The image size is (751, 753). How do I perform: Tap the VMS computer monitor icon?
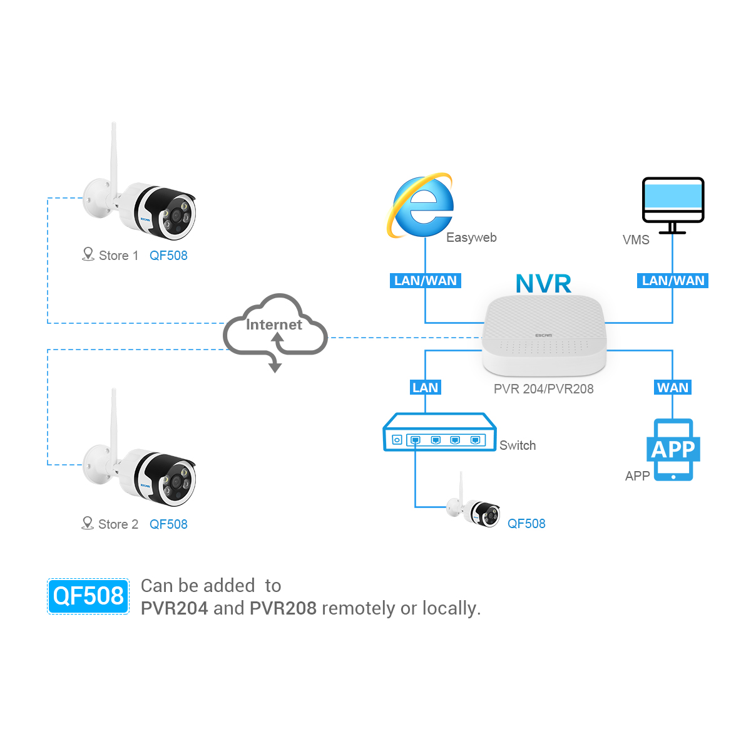673,205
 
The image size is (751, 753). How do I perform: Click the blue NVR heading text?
543,283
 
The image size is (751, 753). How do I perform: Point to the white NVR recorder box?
544,335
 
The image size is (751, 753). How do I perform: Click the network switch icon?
439,432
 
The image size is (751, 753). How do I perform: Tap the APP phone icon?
673,449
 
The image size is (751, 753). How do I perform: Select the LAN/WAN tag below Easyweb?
426,281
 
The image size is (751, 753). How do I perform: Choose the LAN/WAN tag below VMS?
673,281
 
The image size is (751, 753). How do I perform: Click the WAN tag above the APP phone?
673,387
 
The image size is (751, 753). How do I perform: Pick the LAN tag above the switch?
426,387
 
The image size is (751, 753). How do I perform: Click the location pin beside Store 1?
88,254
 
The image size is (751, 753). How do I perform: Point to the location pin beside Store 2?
88,523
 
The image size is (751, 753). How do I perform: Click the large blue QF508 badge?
88,596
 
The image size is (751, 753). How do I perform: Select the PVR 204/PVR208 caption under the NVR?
543,389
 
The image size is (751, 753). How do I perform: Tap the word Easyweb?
471,237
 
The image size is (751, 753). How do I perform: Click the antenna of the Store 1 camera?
114,160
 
